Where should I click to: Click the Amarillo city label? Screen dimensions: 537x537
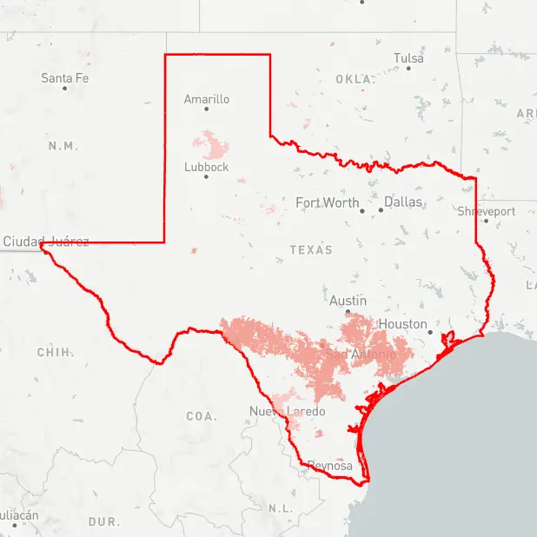(x=207, y=99)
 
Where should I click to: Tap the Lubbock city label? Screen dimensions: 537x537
(x=206, y=167)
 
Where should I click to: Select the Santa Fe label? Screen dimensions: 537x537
(x=64, y=78)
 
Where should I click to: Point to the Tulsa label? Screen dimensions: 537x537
(x=408, y=58)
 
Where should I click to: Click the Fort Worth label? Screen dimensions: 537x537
(x=327, y=202)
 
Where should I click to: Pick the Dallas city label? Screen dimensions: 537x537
(x=403, y=202)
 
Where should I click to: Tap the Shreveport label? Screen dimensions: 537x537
(x=487, y=211)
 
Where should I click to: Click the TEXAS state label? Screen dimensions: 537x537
(x=311, y=249)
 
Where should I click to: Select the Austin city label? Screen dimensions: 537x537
(x=348, y=301)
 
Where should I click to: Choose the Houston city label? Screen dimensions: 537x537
(x=403, y=324)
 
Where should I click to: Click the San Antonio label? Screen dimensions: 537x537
(x=361, y=355)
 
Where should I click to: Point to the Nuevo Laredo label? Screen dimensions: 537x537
(x=287, y=411)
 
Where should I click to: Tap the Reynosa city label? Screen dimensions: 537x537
(x=330, y=467)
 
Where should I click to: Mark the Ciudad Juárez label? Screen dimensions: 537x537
(x=45, y=241)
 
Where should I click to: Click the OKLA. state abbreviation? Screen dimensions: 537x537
(x=355, y=79)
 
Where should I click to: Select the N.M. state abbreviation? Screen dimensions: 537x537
(x=63, y=145)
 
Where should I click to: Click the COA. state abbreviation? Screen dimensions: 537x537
(x=202, y=416)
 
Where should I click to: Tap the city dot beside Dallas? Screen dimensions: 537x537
(x=381, y=209)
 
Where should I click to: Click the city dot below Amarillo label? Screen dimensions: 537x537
(x=207, y=109)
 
